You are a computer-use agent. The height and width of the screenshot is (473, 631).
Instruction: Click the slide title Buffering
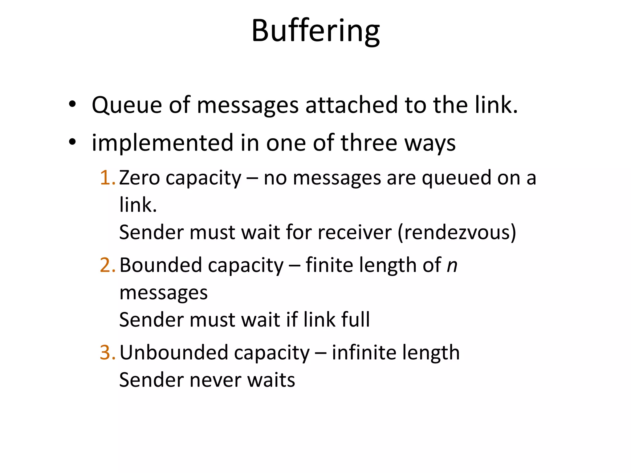pyautogui.click(x=315, y=31)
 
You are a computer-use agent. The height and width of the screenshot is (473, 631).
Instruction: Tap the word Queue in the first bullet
pyautogui.click(x=126, y=105)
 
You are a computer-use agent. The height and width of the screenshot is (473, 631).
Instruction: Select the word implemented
pyautogui.click(x=162, y=143)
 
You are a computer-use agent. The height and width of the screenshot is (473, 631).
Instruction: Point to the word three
pyautogui.click(x=369, y=143)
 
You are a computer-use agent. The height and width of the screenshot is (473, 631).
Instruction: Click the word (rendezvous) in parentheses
pyautogui.click(x=457, y=232)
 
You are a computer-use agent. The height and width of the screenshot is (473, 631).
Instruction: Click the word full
pyautogui.click(x=355, y=319)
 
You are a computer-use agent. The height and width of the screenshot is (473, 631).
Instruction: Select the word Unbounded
pyautogui.click(x=173, y=353)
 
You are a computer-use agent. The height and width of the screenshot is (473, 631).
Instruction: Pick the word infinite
pyautogui.click(x=357, y=353)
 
